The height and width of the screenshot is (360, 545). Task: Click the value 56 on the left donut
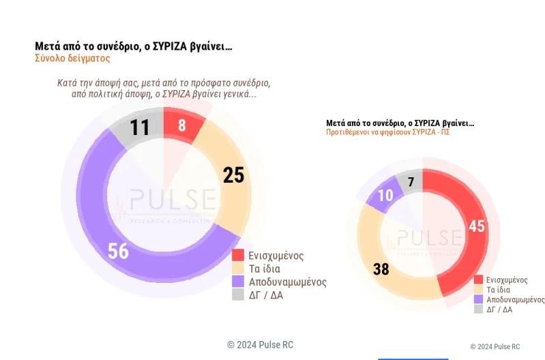tap(118, 251)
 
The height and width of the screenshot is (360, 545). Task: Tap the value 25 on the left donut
tap(233, 175)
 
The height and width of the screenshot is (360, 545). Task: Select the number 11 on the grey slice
tap(139, 127)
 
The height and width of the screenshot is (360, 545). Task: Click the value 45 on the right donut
tap(477, 226)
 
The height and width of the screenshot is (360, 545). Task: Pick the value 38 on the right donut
tap(381, 269)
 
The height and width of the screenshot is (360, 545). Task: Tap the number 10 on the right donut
tap(385, 195)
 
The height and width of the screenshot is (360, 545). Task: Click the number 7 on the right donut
tap(411, 182)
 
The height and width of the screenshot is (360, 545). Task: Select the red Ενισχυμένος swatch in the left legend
tap(238, 256)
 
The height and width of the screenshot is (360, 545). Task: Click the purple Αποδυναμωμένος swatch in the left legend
tap(238, 281)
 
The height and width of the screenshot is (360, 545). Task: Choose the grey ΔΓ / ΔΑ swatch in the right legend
tap(478, 309)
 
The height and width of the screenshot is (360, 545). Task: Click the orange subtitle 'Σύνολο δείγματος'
tap(72, 59)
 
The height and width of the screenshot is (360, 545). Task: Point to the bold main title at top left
tap(133, 46)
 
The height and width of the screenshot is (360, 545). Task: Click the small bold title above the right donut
tap(400, 123)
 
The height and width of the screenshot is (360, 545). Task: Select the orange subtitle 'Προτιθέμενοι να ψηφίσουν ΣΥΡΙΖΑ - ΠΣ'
tap(387, 132)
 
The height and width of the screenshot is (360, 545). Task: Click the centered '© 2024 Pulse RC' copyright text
tap(261, 345)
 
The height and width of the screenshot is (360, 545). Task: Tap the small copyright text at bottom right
tap(495, 346)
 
